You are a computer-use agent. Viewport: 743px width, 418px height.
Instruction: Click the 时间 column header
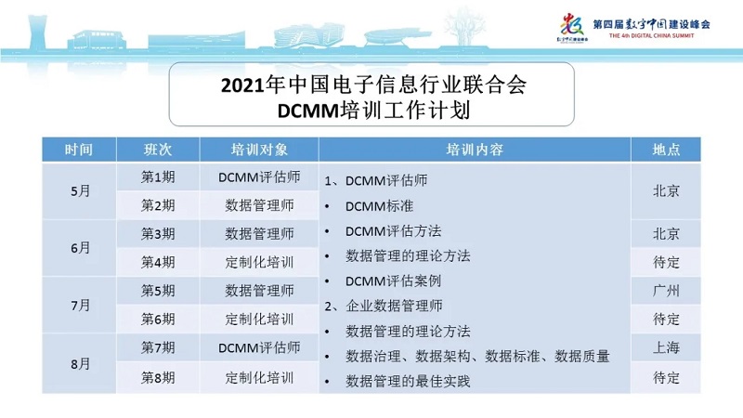point(79,150)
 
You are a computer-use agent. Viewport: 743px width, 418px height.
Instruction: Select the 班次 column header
point(158,150)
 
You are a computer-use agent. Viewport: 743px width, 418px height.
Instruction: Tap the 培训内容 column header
point(475,150)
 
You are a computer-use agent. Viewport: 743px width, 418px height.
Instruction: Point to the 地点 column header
point(666,150)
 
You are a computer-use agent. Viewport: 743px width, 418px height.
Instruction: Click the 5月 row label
point(80,191)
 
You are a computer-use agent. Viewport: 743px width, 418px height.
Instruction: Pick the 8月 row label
point(80,364)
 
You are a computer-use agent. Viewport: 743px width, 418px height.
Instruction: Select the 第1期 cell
point(158,177)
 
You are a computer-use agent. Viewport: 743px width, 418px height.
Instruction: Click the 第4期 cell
point(158,262)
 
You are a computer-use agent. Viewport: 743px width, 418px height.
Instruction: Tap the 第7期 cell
point(158,347)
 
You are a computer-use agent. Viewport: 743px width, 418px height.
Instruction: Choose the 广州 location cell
point(666,291)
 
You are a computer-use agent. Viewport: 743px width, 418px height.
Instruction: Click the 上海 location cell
point(666,347)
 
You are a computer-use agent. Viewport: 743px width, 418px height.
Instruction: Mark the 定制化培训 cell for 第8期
point(259,378)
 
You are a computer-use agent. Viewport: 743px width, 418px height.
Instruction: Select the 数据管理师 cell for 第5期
point(259,291)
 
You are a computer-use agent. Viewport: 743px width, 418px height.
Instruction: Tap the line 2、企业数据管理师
point(384,307)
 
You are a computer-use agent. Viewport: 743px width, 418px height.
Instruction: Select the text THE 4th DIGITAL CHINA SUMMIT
point(652,35)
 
